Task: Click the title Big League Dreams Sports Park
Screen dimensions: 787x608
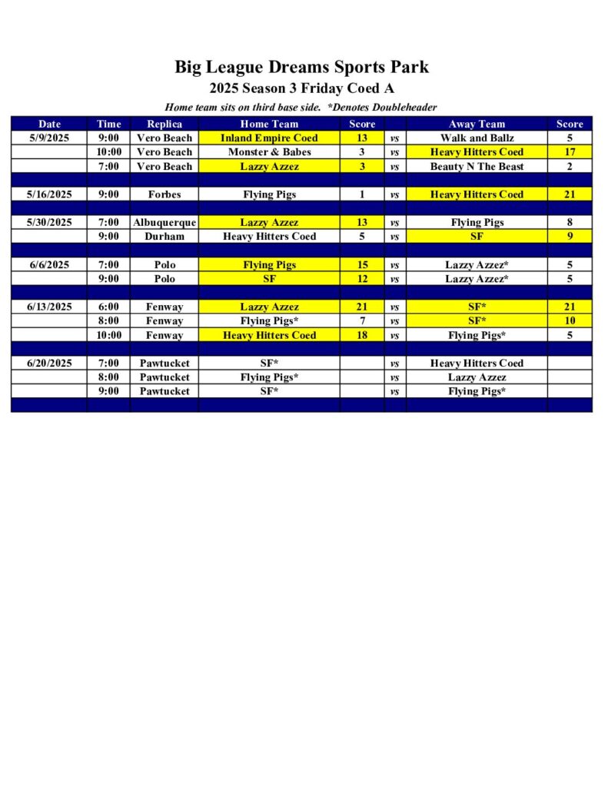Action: pyautogui.click(x=301, y=67)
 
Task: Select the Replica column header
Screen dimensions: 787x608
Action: pyautogui.click(x=164, y=124)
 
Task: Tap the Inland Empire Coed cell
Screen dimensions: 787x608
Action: pyautogui.click(x=269, y=138)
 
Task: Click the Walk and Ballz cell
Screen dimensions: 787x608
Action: pyautogui.click(x=477, y=138)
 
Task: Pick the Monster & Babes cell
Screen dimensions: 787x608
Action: pyautogui.click(x=269, y=152)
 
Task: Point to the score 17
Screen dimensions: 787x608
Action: pyautogui.click(x=570, y=152)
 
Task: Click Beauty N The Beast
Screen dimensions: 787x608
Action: pyautogui.click(x=477, y=166)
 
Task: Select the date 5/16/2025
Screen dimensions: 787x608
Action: pyautogui.click(x=49, y=194)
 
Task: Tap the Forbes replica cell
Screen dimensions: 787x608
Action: pyautogui.click(x=164, y=194)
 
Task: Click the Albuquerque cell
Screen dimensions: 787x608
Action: pyautogui.click(x=164, y=222)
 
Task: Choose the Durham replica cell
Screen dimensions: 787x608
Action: pyautogui.click(x=164, y=236)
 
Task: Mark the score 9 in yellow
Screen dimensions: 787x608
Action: pyautogui.click(x=570, y=236)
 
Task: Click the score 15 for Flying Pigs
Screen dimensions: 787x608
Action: pyautogui.click(x=362, y=264)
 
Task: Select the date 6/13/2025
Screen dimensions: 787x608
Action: pyautogui.click(x=49, y=307)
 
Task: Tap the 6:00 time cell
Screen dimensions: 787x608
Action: pyautogui.click(x=108, y=307)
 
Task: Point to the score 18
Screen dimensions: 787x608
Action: pyautogui.click(x=362, y=335)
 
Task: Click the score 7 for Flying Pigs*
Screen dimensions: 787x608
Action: pyautogui.click(x=362, y=320)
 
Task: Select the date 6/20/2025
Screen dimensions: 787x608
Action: pyautogui.click(x=49, y=363)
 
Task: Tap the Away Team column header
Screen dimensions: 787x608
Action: pyautogui.click(x=477, y=124)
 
